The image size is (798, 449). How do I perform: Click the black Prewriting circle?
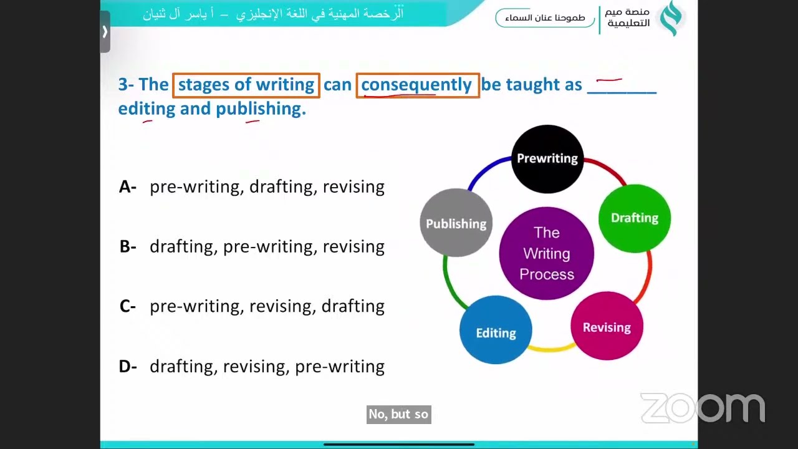547,158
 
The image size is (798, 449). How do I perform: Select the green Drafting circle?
634,218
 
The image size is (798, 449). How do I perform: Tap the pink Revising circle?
607,327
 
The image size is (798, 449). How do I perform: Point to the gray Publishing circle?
456,223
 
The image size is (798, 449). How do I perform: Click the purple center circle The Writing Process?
547,253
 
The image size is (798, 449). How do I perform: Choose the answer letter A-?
127,186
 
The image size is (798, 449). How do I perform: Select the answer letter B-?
127,246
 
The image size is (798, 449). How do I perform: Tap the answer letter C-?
127,306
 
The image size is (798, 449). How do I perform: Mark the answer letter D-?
127,366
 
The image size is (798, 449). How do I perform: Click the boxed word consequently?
416,85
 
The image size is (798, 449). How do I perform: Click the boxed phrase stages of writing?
246,85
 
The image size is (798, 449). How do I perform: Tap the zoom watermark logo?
702,408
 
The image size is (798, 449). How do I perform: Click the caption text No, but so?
398,414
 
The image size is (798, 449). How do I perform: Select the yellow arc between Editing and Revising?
551,347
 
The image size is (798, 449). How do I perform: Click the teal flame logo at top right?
671,18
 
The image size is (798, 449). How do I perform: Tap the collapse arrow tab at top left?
105,32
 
